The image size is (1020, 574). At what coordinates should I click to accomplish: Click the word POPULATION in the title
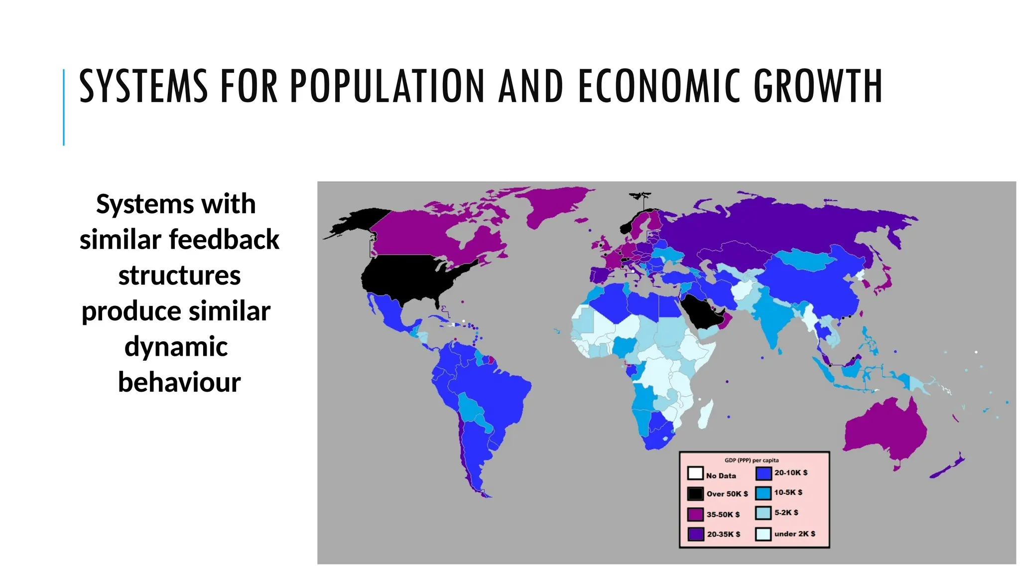point(387,87)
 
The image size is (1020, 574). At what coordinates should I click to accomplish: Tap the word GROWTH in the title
point(818,87)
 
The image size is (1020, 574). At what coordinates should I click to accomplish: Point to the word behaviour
point(179,382)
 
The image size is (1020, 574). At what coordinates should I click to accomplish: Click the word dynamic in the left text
point(176,346)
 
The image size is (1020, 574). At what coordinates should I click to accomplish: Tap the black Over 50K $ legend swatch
point(695,493)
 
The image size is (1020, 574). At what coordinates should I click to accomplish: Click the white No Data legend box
point(695,473)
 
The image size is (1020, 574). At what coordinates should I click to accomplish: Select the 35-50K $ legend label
point(723,514)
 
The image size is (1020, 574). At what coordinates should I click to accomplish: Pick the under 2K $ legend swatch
point(763,534)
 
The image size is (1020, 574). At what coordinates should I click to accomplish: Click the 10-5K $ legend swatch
point(763,493)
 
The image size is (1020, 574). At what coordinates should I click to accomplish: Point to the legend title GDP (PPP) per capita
point(752,460)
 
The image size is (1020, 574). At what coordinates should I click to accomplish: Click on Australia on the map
point(884,431)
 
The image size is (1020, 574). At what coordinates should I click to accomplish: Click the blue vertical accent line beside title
point(64,107)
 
